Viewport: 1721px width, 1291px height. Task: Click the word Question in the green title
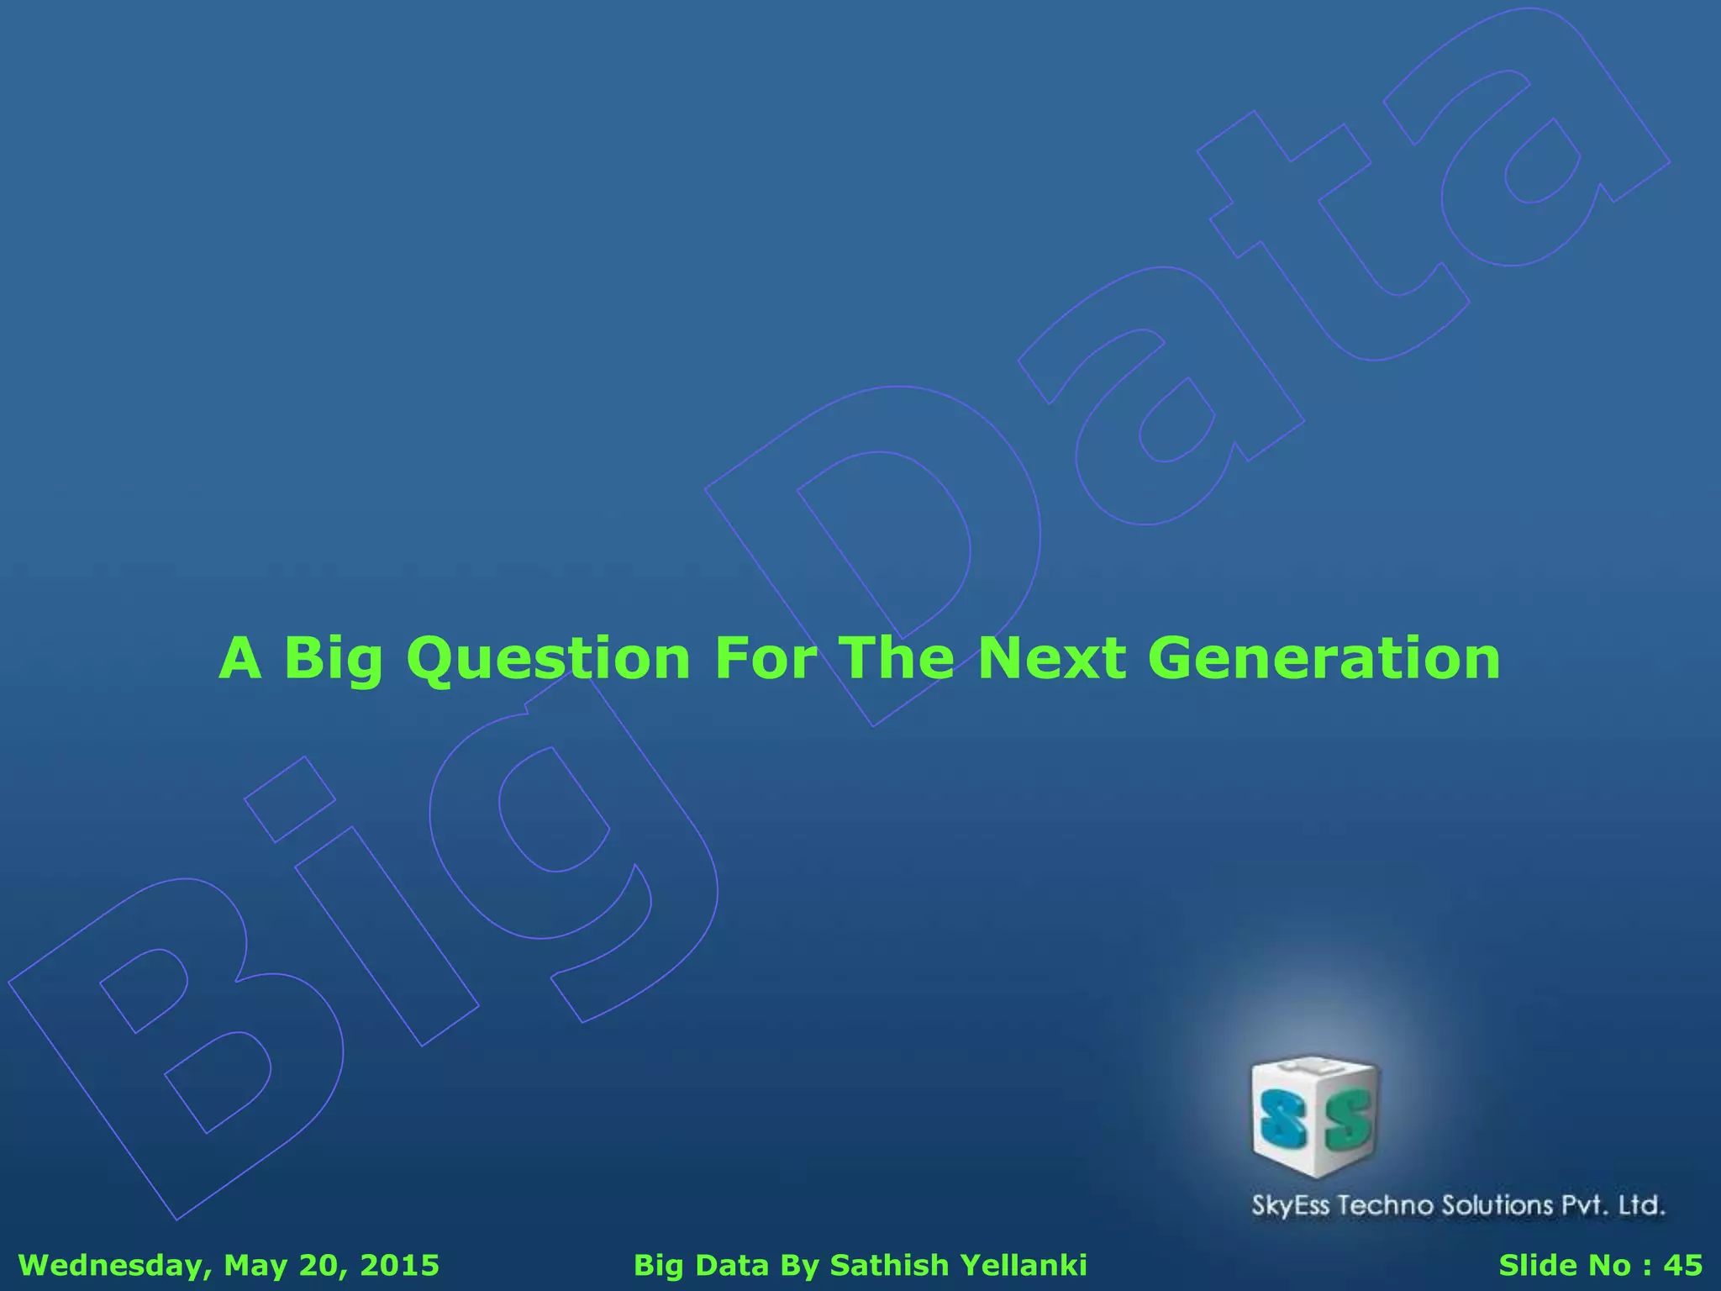[548, 658]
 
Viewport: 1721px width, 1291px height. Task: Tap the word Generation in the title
[1324, 658]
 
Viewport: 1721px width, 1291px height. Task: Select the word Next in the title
[1052, 658]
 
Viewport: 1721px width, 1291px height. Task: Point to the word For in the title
[765, 658]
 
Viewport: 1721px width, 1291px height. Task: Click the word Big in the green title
[334, 660]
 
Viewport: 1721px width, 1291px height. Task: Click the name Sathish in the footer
[889, 1266]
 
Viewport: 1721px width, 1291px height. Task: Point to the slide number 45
[1683, 1266]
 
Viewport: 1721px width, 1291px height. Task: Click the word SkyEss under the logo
[1291, 1206]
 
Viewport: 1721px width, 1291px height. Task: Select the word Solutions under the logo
[1497, 1205]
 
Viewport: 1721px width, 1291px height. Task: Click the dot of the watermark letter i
[290, 799]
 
